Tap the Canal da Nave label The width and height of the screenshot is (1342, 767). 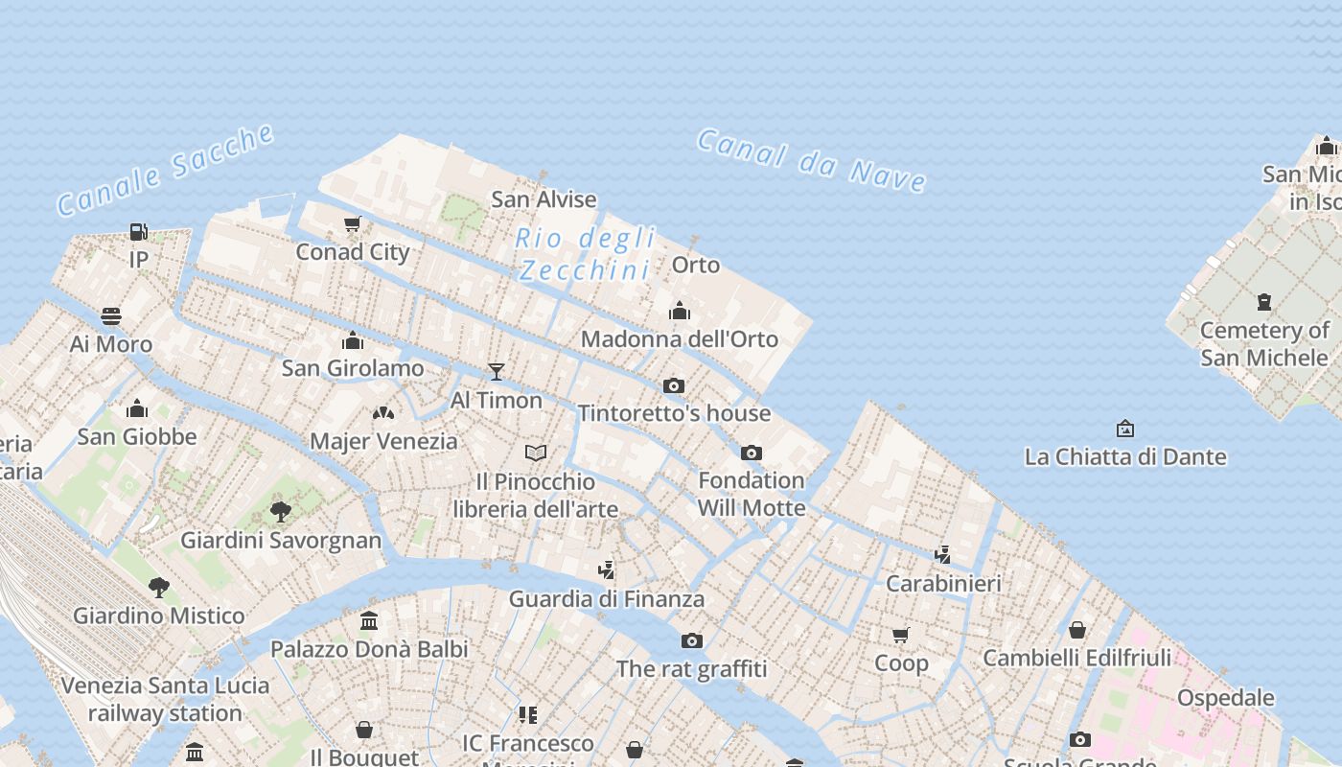[x=811, y=160]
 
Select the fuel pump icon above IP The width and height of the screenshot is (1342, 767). [x=139, y=231]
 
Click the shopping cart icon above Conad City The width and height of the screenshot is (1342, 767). [x=352, y=224]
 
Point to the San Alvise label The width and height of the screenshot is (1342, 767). [x=544, y=199]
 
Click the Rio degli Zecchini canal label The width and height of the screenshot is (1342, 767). [x=585, y=254]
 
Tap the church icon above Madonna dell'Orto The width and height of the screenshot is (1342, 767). [x=680, y=311]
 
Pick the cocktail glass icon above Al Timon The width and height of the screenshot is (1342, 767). [x=497, y=372]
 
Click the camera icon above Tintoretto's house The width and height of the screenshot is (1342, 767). [x=674, y=385]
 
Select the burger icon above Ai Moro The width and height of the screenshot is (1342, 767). [x=111, y=316]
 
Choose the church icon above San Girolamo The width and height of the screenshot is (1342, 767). [x=353, y=340]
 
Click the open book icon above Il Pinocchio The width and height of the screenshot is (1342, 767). [x=536, y=453]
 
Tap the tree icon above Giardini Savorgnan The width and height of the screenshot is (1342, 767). [x=281, y=511]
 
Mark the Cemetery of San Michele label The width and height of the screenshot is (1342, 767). [x=1264, y=343]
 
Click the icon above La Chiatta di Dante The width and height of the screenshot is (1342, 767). [x=1125, y=429]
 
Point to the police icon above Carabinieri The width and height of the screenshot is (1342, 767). [x=943, y=555]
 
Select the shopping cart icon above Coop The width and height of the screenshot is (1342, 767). [x=901, y=635]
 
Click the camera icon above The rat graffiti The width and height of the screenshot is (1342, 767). [x=692, y=640]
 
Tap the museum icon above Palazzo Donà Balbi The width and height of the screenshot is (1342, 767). [x=369, y=621]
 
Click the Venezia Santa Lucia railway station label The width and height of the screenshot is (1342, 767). [x=165, y=699]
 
